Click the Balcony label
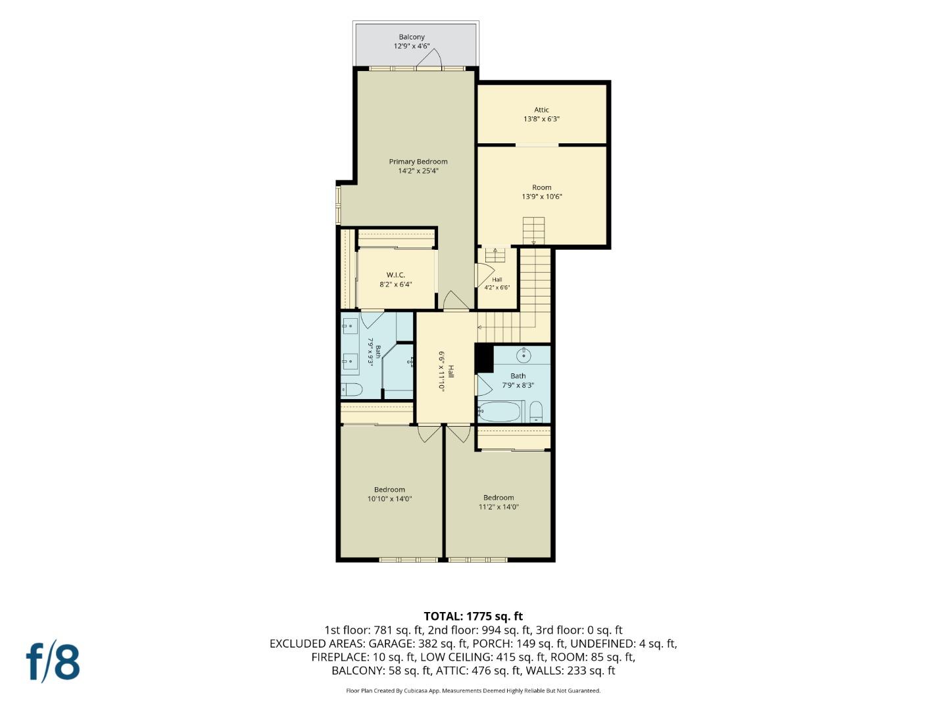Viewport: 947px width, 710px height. point(412,37)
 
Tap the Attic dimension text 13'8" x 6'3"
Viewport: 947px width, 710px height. point(541,119)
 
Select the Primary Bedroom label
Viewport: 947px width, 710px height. point(418,162)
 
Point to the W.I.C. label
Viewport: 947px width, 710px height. point(396,275)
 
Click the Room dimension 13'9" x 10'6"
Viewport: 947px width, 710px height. point(541,197)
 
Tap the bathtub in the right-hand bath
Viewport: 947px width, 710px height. point(500,412)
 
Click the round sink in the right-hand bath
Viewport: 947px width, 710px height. point(523,356)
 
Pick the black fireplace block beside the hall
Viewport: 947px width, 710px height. point(484,358)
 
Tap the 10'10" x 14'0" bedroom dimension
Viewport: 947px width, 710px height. point(389,499)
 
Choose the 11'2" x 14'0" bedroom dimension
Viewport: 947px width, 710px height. point(498,507)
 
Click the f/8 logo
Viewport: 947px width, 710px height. point(53,662)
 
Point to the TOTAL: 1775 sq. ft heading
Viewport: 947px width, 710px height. point(473,616)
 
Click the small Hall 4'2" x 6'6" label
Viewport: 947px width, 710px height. point(497,283)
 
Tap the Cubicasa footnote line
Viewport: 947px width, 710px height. point(473,691)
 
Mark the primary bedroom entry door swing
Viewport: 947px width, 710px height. point(456,300)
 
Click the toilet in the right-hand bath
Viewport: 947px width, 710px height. point(536,412)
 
